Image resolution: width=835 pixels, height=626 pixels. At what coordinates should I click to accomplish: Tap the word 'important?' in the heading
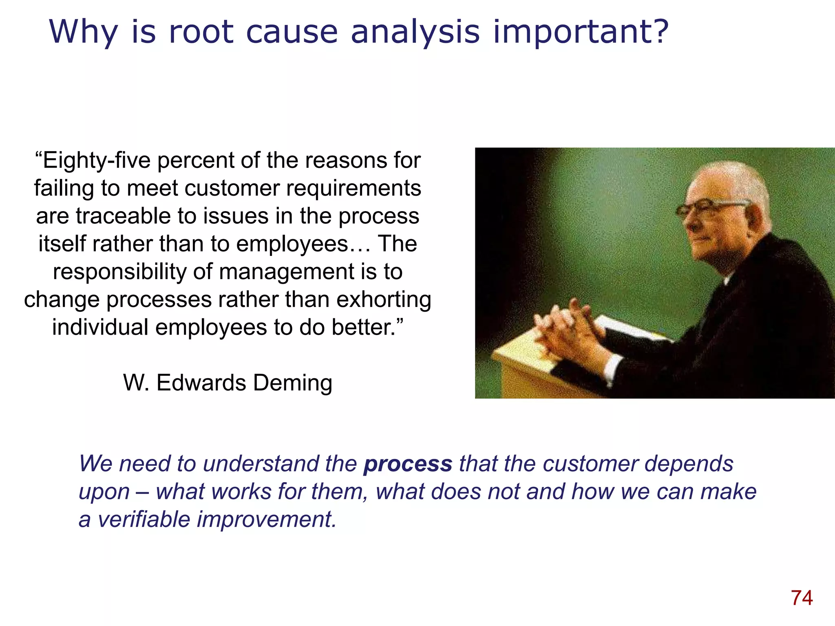click(581, 33)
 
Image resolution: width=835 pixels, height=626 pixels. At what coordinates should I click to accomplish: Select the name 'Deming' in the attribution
click(292, 383)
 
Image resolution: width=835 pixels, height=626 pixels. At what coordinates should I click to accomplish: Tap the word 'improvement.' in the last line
click(267, 520)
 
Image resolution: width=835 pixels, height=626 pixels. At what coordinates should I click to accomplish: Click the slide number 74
click(802, 598)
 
